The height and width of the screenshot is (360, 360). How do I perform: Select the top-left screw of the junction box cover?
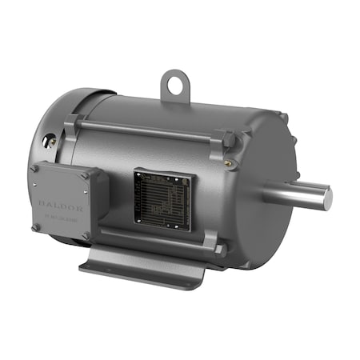pos(34,170)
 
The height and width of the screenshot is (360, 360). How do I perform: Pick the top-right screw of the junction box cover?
pos(85,174)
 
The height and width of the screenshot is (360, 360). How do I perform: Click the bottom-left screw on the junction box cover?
pos(36,228)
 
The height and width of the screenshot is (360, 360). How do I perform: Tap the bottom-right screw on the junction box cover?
pos(86,235)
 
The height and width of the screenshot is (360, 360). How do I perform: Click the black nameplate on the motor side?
pos(162,198)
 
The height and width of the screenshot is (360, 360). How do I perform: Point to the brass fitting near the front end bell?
pos(230,162)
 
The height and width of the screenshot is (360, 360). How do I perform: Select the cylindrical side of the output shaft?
pos(296,194)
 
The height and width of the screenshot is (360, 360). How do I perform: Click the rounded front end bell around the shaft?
pos(256,200)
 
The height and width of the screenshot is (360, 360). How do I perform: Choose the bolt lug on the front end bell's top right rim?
pos(282,118)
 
